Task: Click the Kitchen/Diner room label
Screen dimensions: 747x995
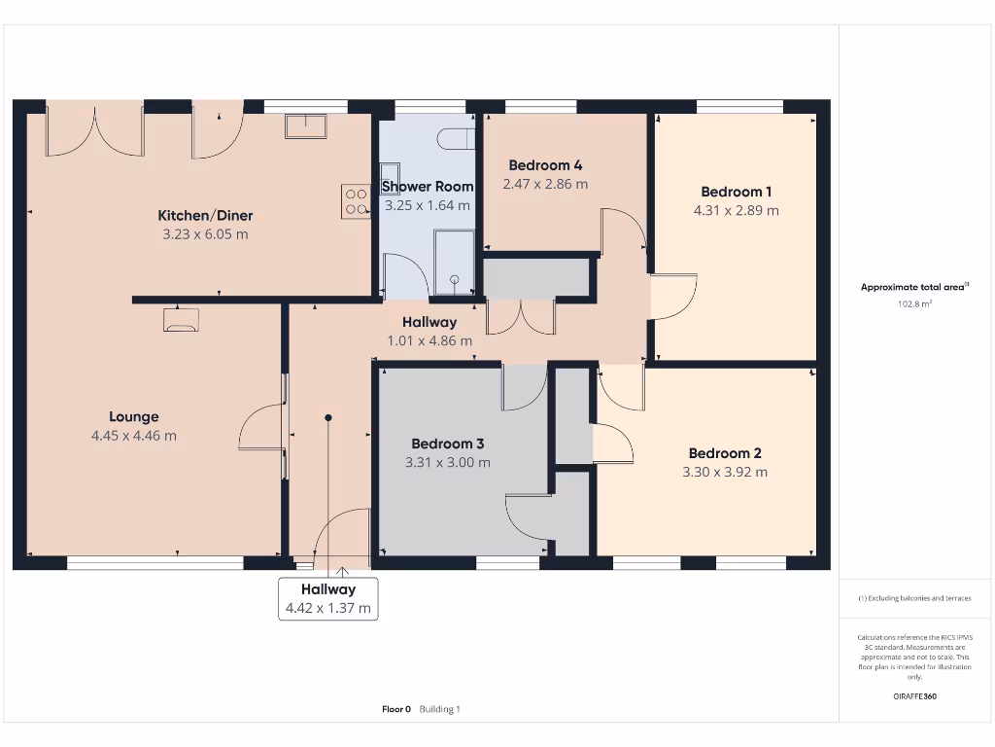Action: tap(205, 215)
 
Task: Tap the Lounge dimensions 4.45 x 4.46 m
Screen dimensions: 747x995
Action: tap(134, 436)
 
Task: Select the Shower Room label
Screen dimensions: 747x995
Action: tap(428, 186)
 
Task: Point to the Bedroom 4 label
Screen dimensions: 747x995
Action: tap(545, 164)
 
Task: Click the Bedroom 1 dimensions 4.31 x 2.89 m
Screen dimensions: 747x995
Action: tap(736, 210)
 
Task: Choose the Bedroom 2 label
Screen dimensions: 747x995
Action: tap(725, 452)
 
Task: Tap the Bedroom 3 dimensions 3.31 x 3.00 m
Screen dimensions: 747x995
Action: tap(447, 462)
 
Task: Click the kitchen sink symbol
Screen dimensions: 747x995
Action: tap(306, 126)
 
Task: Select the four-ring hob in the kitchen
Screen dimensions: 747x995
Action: tap(356, 201)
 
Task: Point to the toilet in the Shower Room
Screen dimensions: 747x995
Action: tap(455, 139)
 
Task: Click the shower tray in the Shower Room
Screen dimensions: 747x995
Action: tap(454, 262)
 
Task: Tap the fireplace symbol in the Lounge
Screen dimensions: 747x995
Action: tap(181, 320)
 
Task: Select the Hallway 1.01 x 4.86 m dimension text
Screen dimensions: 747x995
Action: tap(429, 340)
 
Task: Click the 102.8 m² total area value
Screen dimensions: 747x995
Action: tap(914, 304)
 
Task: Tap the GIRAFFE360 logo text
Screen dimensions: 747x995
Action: tap(914, 696)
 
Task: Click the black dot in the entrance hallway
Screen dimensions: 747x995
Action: tap(328, 418)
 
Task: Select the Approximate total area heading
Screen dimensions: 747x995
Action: tap(913, 287)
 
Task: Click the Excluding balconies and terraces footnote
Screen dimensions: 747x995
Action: tap(914, 598)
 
